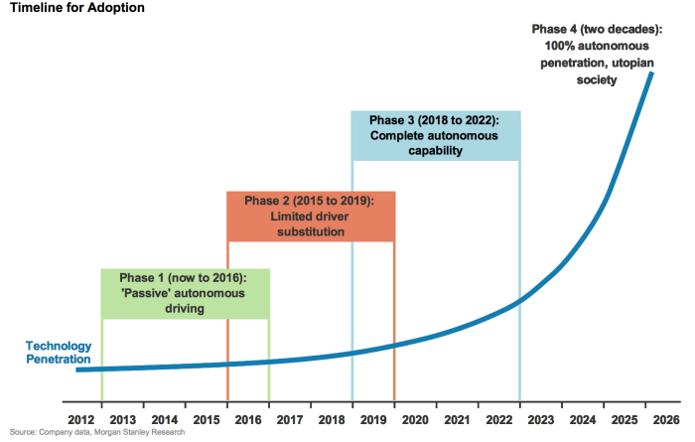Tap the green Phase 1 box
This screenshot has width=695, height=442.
[185, 293]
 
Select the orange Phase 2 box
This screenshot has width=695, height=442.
[311, 216]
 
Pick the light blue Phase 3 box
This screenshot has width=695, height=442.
[435, 135]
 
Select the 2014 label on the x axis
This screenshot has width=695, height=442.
[165, 419]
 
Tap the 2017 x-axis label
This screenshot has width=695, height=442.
[290, 419]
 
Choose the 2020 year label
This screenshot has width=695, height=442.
[416, 419]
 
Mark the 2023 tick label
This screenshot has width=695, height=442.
[541, 419]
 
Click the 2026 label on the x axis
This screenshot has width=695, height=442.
[666, 419]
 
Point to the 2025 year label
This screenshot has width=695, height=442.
[625, 419]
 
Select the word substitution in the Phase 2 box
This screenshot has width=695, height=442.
[311, 231]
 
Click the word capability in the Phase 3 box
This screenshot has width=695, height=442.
[435, 151]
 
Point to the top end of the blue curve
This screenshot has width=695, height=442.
[652, 73]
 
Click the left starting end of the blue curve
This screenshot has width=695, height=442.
[78, 369]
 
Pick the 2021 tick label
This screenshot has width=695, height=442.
[458, 419]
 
